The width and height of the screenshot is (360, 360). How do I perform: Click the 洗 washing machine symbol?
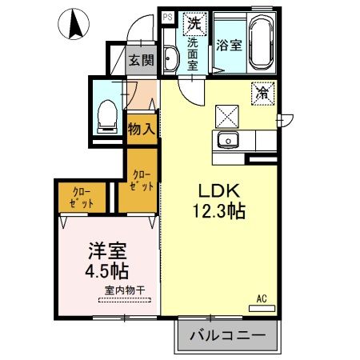(x=194, y=23)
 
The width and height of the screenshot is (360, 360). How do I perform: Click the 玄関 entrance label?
(x=142, y=58)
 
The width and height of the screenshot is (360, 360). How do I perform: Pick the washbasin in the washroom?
(x=170, y=60)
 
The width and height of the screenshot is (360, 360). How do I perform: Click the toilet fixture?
(x=105, y=117)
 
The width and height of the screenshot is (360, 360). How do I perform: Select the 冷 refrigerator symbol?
(x=262, y=92)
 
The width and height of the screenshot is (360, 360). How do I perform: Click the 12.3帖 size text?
(x=218, y=211)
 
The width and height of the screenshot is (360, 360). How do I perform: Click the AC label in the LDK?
(x=261, y=299)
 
